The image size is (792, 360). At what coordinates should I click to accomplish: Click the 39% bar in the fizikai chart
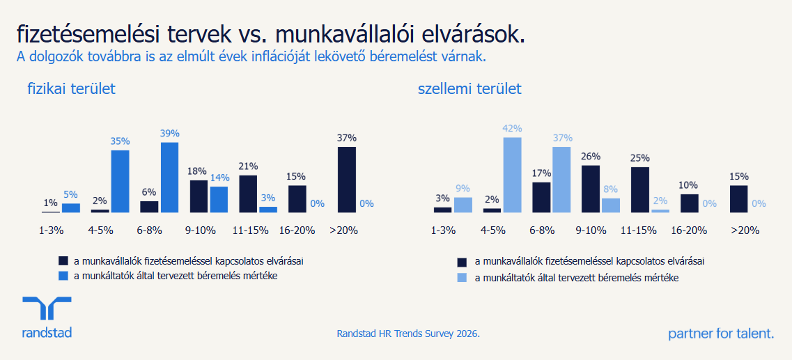pyautogui.click(x=169, y=177)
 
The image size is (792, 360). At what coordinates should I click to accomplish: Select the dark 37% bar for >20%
pyautogui.click(x=346, y=179)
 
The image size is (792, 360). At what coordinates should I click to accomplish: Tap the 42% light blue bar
pyautogui.click(x=512, y=174)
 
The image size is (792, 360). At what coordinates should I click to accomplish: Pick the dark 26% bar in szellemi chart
pyautogui.click(x=591, y=188)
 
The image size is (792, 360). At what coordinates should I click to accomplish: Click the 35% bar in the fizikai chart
pyautogui.click(x=120, y=181)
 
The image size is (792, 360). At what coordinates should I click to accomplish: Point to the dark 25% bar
pyautogui.click(x=639, y=189)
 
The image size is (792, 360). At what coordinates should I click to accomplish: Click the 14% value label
pyautogui.click(x=219, y=178)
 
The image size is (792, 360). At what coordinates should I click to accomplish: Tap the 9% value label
pyautogui.click(x=463, y=188)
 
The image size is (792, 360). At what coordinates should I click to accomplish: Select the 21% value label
pyautogui.click(x=248, y=166)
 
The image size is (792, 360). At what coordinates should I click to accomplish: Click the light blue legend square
pyautogui.click(x=462, y=278)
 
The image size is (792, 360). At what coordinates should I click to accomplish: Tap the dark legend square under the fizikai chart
pyautogui.click(x=63, y=260)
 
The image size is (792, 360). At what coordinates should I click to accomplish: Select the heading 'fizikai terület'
pyautogui.click(x=71, y=89)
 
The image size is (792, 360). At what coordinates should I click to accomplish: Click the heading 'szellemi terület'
pyautogui.click(x=469, y=89)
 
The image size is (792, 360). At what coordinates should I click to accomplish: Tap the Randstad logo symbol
pyautogui.click(x=47, y=308)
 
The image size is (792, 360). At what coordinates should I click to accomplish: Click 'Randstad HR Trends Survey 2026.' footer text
pyautogui.click(x=408, y=334)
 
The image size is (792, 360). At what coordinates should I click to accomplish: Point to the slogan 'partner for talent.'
pyautogui.click(x=721, y=334)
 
